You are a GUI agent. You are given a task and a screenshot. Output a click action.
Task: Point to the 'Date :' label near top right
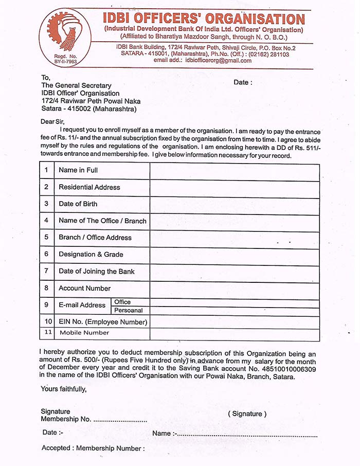pyautogui.click(x=243, y=82)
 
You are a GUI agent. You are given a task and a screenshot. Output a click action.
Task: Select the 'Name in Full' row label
pyautogui.click(x=78, y=170)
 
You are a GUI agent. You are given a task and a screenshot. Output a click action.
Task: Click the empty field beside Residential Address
pyautogui.click(x=235, y=187)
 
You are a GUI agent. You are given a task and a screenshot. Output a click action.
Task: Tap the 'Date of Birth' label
pyautogui.click(x=78, y=204)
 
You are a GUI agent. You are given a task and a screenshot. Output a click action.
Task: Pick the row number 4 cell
pyautogui.click(x=46, y=221)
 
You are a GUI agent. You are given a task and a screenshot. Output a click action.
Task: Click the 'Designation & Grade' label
pyautogui.click(x=91, y=254)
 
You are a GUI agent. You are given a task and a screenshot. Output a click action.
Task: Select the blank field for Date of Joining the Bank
pyautogui.click(x=235, y=271)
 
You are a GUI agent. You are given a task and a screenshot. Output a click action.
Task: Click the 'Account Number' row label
pyautogui.click(x=84, y=288)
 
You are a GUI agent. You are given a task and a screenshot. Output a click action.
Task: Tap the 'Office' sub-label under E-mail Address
pyautogui.click(x=122, y=302)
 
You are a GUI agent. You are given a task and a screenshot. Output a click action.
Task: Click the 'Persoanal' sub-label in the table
pyautogui.click(x=128, y=311)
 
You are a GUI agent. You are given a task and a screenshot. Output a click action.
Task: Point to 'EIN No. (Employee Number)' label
pyautogui.click(x=103, y=322)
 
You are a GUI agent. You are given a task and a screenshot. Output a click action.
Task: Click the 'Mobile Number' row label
pyautogui.click(x=84, y=333)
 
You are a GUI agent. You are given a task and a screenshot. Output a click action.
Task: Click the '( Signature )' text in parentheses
pyautogui.click(x=247, y=414)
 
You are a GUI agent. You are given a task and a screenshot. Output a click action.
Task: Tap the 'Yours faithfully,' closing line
pyautogui.click(x=64, y=389)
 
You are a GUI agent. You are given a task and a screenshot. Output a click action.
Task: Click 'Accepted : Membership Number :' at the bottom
pyautogui.click(x=93, y=449)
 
